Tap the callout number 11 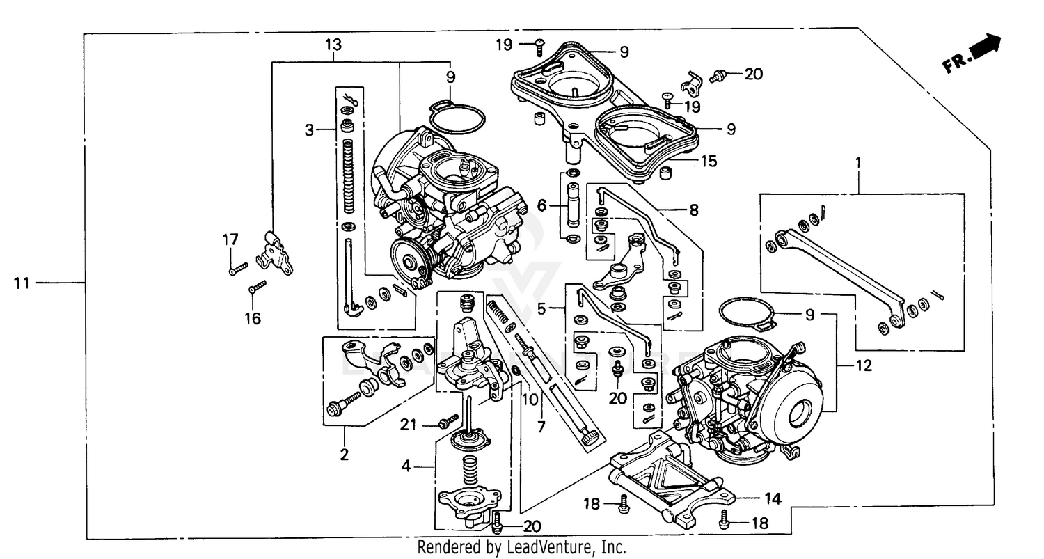(x=22, y=283)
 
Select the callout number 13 (x=333, y=45)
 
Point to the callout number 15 (x=709, y=162)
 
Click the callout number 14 (x=773, y=498)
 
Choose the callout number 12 (x=863, y=365)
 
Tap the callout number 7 (x=541, y=425)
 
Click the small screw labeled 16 (x=258, y=286)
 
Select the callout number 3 (x=310, y=129)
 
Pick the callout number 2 (x=344, y=456)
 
